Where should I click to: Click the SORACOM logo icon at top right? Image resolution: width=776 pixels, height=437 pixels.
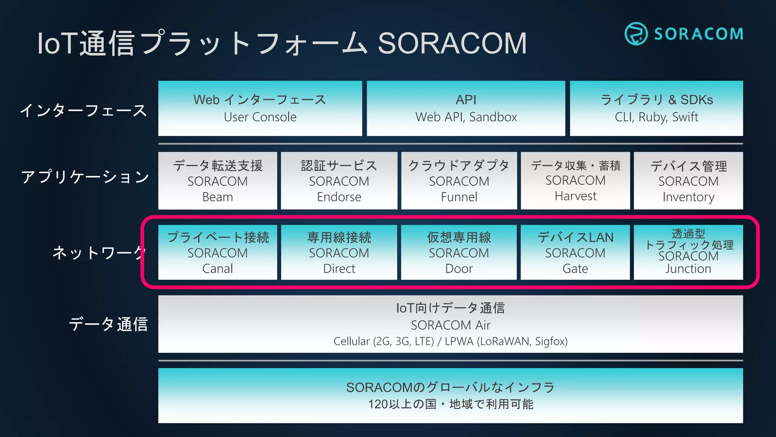[x=636, y=34]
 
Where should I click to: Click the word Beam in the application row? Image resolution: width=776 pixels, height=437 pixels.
[x=217, y=197]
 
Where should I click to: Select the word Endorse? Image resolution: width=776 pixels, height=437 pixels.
[x=339, y=197]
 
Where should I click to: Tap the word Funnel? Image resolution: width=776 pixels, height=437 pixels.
[x=459, y=197]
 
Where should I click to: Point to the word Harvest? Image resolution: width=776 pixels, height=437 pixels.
[x=575, y=196]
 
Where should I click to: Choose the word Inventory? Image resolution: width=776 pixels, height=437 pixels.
[x=688, y=197]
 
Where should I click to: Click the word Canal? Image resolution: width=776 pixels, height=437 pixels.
[x=217, y=269]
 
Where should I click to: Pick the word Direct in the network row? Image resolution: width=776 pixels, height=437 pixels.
[x=339, y=269]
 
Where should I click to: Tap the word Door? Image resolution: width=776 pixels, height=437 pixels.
[x=459, y=269]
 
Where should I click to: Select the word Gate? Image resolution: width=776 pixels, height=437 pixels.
[x=575, y=269]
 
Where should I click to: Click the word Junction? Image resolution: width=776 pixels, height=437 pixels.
[x=688, y=269]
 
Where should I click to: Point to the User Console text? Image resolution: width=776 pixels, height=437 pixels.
[x=260, y=117]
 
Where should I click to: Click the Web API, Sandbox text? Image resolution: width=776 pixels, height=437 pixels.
[x=466, y=117]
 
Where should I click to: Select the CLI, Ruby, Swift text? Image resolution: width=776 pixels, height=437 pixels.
[x=656, y=117]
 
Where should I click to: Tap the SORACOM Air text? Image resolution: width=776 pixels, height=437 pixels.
[x=451, y=325]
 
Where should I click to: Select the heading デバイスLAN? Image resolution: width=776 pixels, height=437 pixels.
[x=575, y=237]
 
